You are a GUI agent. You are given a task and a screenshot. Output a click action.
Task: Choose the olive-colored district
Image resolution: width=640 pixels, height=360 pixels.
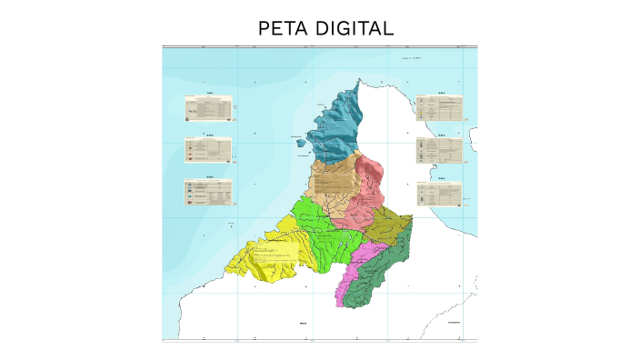click(393, 223)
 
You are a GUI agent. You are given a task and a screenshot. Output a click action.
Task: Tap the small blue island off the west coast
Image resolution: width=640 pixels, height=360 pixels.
click(299, 140)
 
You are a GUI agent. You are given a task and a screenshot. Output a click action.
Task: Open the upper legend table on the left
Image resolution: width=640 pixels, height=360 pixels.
click(208, 107)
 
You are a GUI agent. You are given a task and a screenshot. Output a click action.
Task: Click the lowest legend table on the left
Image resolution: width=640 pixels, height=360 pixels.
click(207, 190)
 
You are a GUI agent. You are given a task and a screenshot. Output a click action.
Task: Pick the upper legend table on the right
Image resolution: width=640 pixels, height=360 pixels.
click(439, 108)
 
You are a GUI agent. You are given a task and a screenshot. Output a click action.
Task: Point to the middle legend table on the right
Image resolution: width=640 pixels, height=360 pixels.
click(439, 150)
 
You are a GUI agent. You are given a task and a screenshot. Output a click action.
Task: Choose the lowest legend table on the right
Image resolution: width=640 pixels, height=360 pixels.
click(439, 193)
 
